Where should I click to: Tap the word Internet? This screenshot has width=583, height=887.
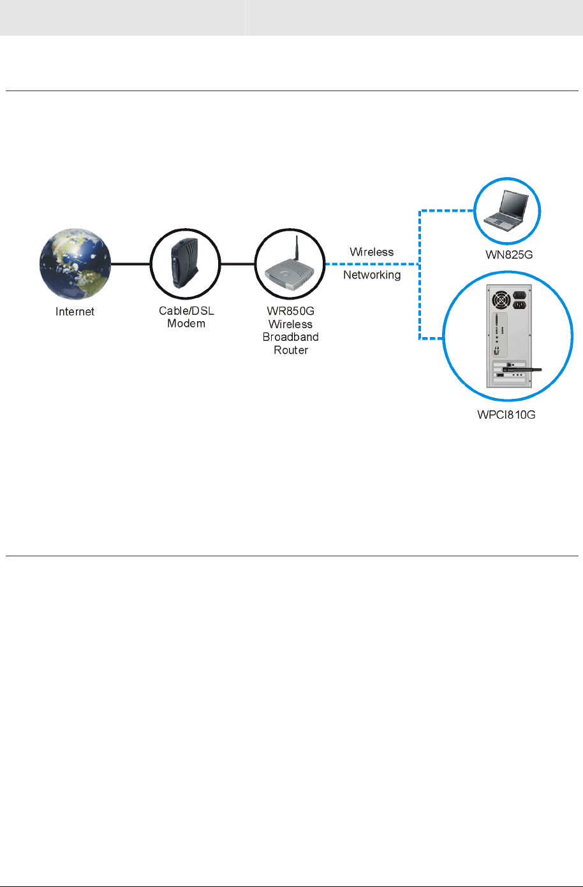click(75, 312)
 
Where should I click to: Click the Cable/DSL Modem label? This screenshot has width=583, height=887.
click(182, 317)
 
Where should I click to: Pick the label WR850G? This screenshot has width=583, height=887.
click(291, 312)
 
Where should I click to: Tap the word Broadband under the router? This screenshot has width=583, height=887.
click(291, 337)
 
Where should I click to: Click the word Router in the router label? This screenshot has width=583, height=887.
click(291, 350)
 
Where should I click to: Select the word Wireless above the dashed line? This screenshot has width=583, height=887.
click(372, 252)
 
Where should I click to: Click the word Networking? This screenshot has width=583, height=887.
click(372, 275)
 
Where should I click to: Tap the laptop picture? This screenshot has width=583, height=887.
click(506, 210)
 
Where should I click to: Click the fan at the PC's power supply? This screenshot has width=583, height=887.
click(499, 299)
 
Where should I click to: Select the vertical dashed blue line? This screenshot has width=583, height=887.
click(419, 274)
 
